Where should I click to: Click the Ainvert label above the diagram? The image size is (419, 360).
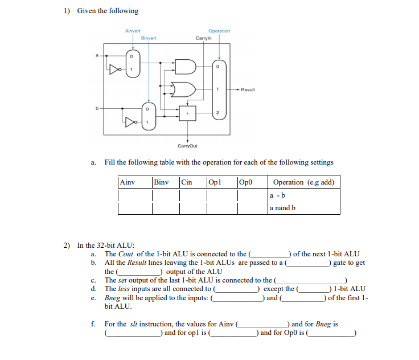133,30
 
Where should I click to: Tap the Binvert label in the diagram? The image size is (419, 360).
149,38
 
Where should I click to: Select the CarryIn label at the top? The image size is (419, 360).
203,38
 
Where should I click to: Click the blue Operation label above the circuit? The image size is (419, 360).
219,31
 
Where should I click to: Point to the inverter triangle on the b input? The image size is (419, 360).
132,122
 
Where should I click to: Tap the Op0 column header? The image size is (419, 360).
246,182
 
